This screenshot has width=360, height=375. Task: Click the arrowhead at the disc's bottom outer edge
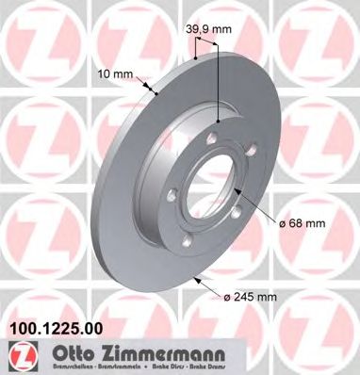[195, 279]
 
